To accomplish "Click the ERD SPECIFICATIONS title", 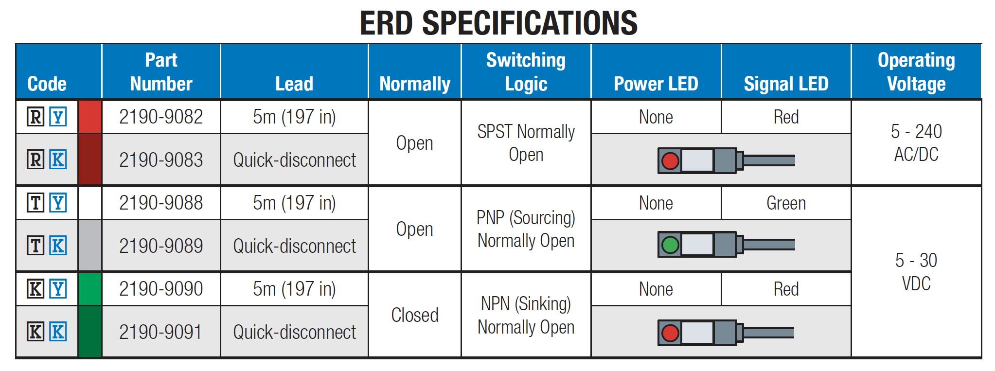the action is (498, 23).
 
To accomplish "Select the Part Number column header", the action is (161, 72).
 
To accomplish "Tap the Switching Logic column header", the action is (526, 72).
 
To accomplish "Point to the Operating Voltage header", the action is (916, 72).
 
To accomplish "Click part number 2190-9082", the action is (161, 117).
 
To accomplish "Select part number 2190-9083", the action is (161, 160).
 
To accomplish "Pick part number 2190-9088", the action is (161, 203).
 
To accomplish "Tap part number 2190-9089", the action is (161, 246).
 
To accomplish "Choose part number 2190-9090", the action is (161, 289).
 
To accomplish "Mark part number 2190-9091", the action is (161, 332).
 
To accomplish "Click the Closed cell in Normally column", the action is (415, 315).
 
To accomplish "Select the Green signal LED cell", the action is (786, 203).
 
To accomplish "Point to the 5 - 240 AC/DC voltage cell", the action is (916, 143).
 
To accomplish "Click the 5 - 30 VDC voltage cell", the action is (916, 272).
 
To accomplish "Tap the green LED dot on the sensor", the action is (670, 245).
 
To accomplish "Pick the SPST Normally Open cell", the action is (526, 143).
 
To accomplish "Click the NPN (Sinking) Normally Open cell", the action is (526, 315).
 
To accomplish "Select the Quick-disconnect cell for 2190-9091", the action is (295, 332).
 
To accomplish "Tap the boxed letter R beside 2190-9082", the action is (36, 117).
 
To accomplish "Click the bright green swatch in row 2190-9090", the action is (90, 289).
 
